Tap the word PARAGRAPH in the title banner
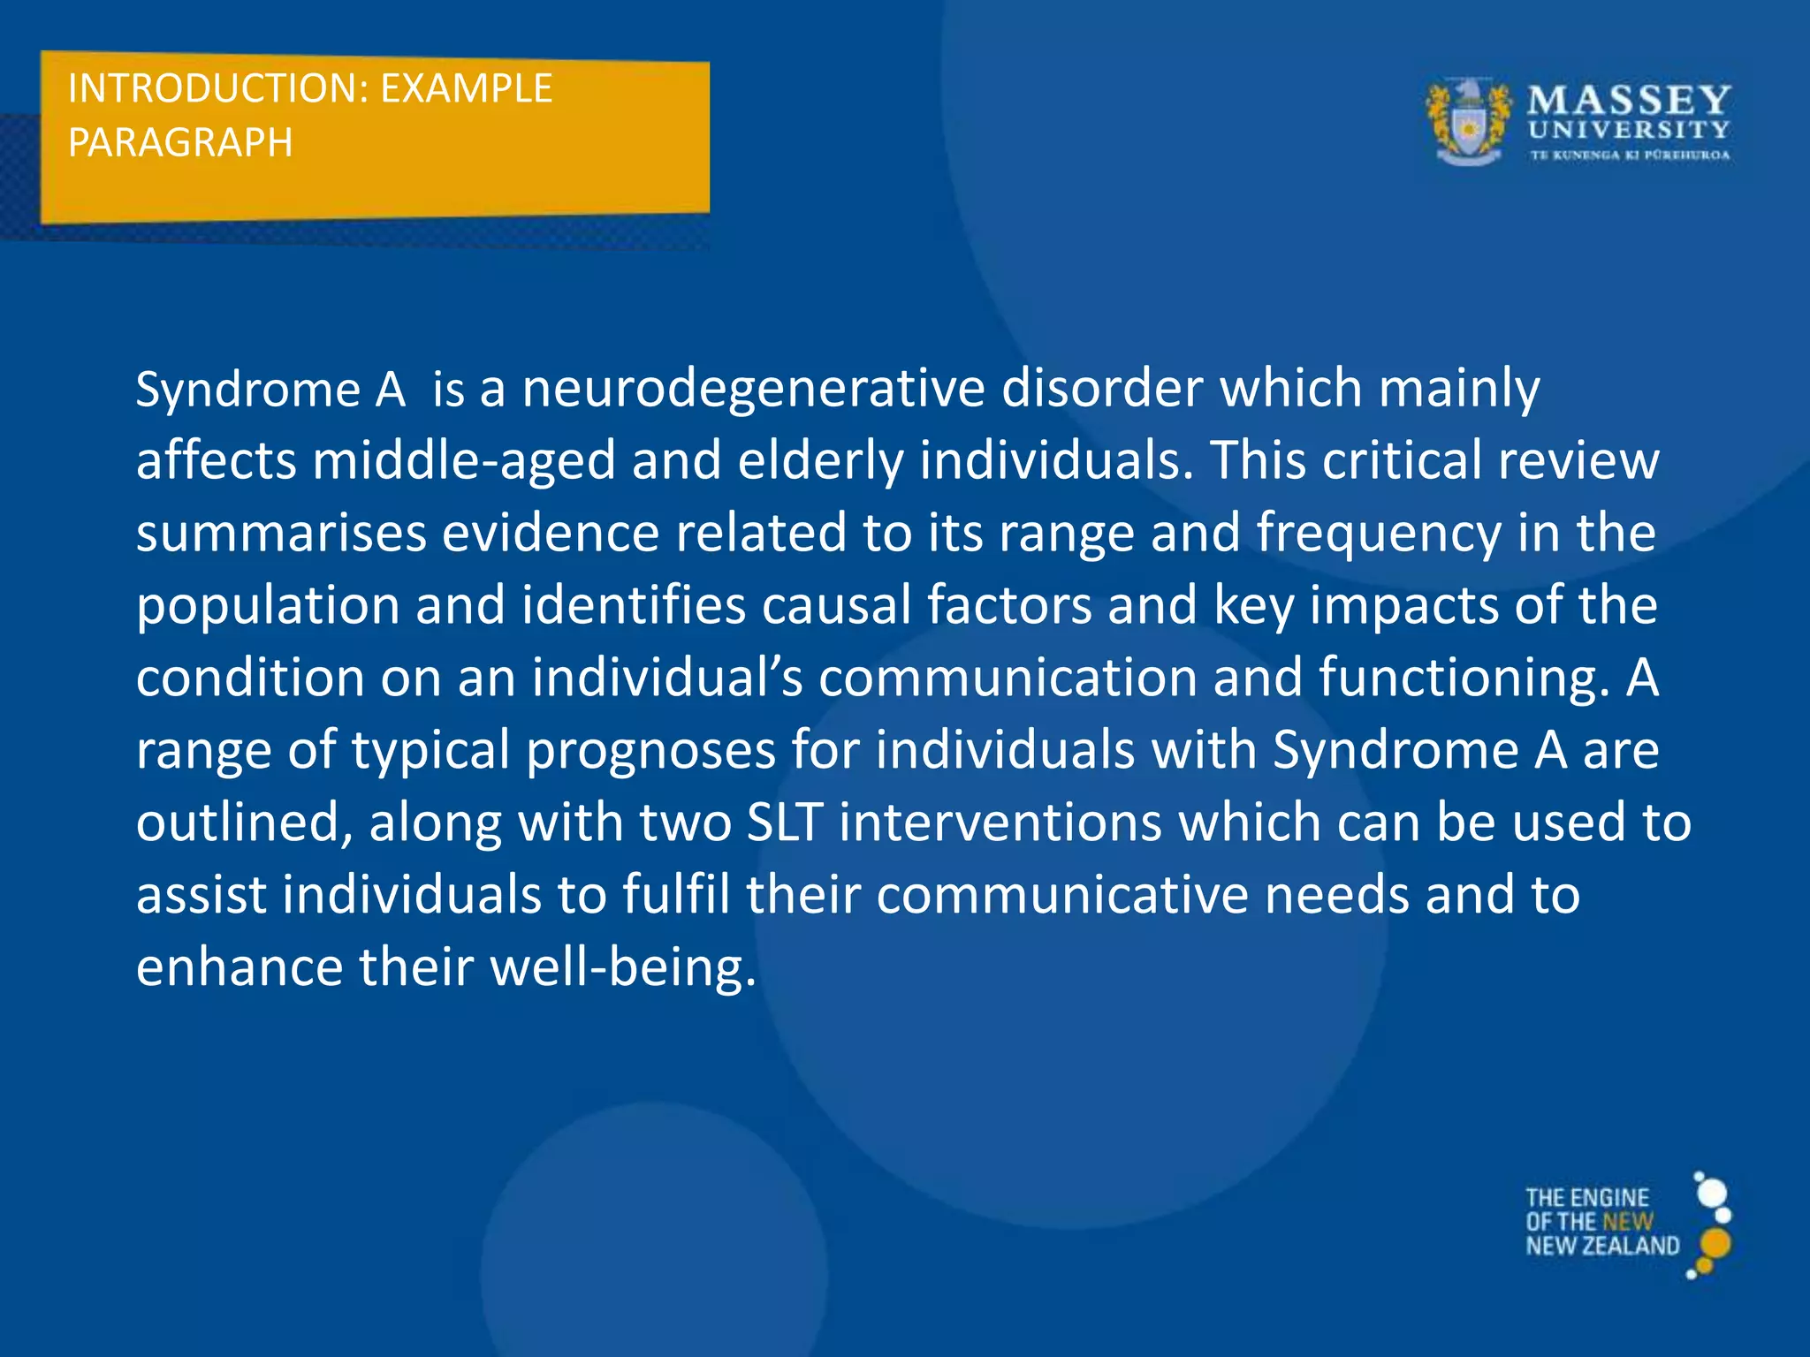[x=180, y=143]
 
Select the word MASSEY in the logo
[x=1629, y=100]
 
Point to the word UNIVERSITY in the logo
[x=1629, y=131]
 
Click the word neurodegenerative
[x=753, y=390]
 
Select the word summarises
[x=280, y=534]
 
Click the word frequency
[x=1378, y=534]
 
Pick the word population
[x=268, y=607]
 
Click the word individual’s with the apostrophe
[x=667, y=678]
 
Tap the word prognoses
[x=650, y=752]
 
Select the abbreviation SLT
[x=785, y=823]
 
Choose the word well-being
[x=623, y=968]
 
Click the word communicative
[x=1061, y=896]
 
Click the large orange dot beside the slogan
[x=1715, y=1243]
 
